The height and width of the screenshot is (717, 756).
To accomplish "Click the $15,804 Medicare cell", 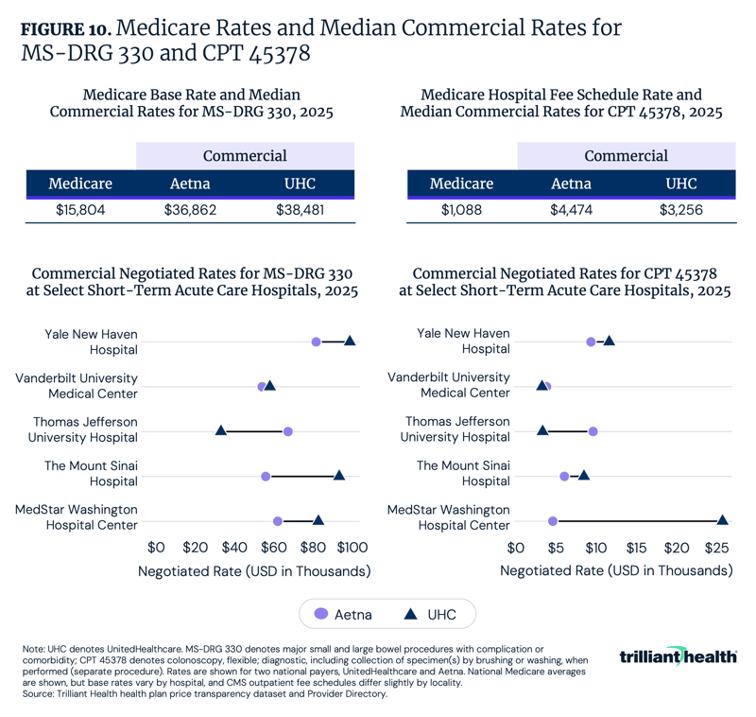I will [x=80, y=210].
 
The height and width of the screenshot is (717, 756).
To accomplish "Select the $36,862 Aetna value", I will [x=190, y=210].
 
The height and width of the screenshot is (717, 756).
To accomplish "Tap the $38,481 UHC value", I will [x=300, y=210].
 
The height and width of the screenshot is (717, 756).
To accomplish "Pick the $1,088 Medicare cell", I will [x=461, y=210].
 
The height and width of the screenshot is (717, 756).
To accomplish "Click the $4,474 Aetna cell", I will [x=572, y=210].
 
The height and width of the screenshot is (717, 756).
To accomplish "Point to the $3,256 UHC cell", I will [x=680, y=210].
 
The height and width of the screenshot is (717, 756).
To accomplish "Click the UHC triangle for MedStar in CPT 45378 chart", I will [x=723, y=519].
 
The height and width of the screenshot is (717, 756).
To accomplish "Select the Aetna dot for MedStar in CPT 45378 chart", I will [x=553, y=520].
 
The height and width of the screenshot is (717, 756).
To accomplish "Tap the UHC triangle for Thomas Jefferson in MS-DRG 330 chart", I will [x=221, y=430].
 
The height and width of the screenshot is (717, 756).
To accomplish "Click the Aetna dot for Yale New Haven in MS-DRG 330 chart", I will [x=317, y=341].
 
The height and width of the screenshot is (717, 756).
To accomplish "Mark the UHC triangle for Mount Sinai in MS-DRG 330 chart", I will [x=339, y=475].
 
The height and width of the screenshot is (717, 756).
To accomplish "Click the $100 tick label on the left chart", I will [x=352, y=547].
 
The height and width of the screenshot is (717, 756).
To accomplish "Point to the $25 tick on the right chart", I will [x=716, y=547].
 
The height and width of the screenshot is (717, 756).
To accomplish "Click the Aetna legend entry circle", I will [x=319, y=615].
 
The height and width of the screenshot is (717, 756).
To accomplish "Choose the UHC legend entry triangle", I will [x=412, y=615].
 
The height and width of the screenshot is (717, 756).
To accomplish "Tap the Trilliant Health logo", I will [x=679, y=656].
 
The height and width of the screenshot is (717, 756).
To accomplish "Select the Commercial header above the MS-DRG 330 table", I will [x=246, y=156].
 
